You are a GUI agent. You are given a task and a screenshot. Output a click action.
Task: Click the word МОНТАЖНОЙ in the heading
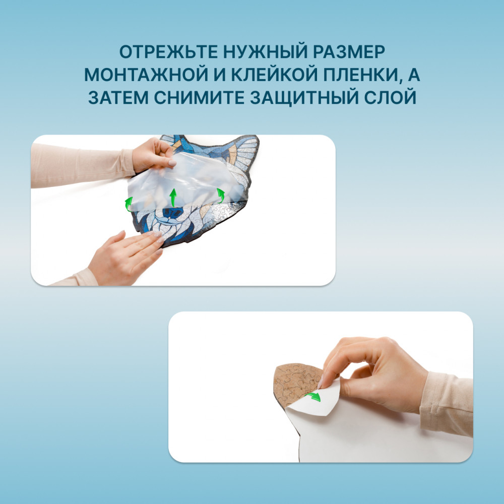(146, 75)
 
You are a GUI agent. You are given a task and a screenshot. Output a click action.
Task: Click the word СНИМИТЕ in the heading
(199, 98)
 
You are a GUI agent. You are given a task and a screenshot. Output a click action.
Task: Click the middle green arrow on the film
(173, 198)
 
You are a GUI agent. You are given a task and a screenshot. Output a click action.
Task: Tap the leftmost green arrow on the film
(129, 204)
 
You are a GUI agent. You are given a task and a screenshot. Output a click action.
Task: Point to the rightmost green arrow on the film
(221, 196)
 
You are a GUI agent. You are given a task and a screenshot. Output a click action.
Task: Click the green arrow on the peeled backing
(313, 397)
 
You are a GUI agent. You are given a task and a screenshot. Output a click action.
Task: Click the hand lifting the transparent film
(154, 155)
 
